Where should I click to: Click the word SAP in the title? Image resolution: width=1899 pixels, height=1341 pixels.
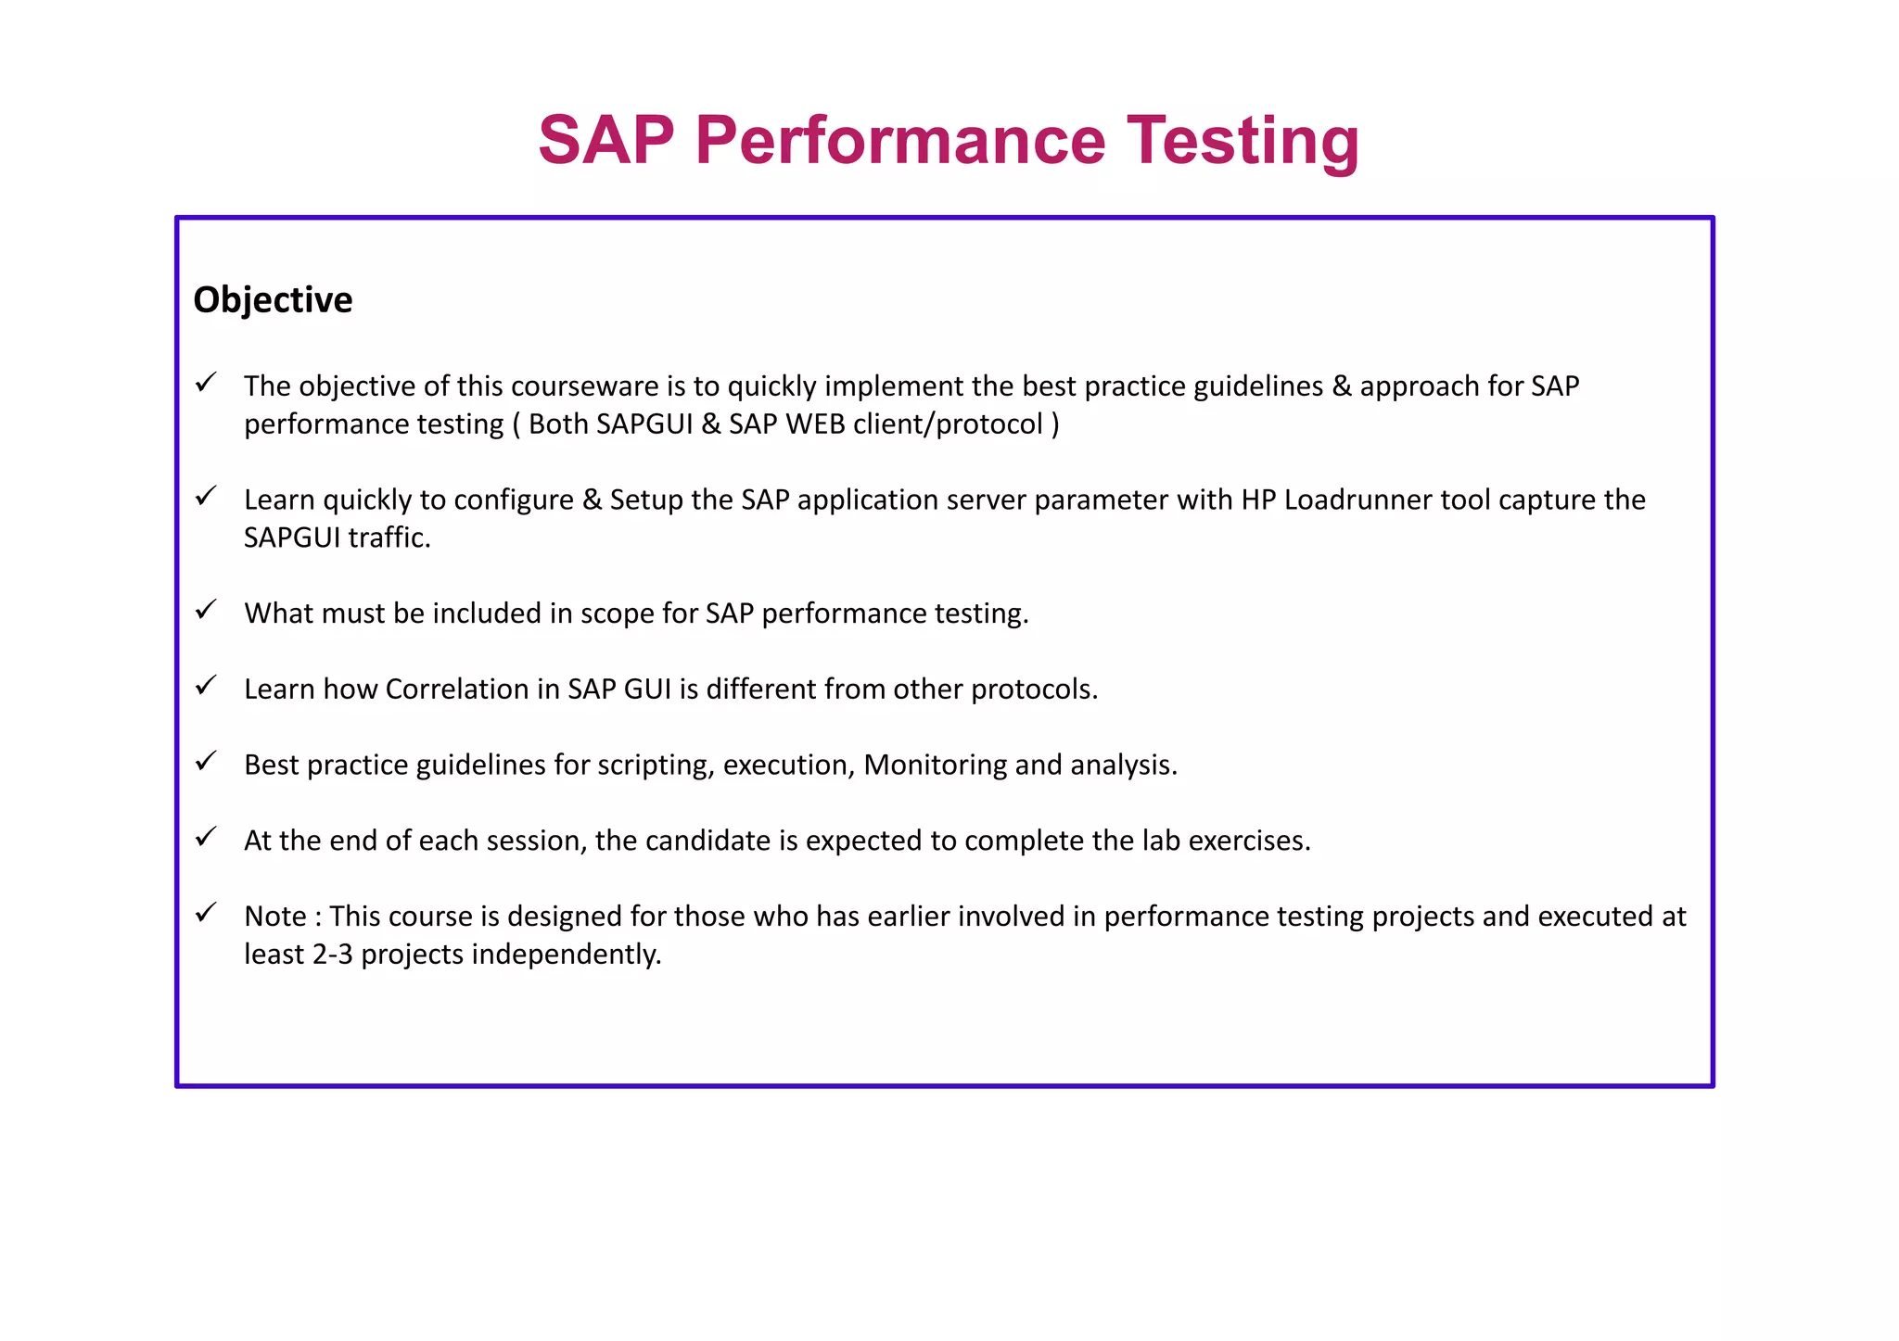tap(606, 141)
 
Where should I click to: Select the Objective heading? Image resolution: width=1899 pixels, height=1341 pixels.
tap(273, 300)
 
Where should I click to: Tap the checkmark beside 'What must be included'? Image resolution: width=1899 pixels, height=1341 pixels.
tap(206, 610)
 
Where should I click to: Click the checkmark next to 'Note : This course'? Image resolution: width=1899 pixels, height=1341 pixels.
tap(206, 912)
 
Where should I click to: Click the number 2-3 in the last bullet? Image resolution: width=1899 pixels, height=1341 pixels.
tap(333, 954)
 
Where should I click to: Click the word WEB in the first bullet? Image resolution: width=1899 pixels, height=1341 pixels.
tap(815, 424)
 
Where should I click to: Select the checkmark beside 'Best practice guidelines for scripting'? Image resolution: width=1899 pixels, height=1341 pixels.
tap(206, 761)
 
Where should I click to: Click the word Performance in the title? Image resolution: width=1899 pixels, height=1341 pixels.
tap(899, 141)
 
